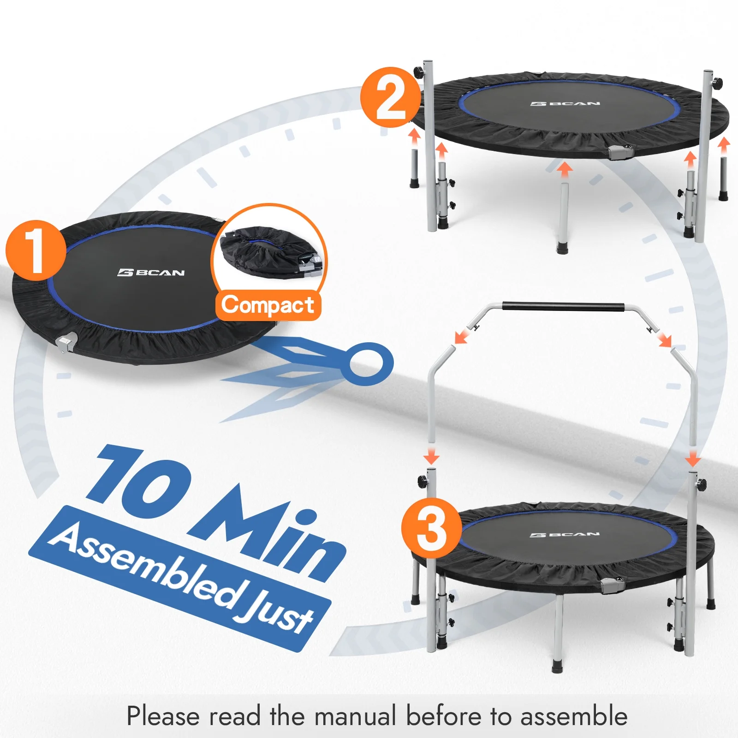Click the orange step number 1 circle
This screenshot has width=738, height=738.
pyautogui.click(x=36, y=250)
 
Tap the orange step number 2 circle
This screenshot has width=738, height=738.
pyautogui.click(x=390, y=97)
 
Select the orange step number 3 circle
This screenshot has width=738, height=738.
pyautogui.click(x=431, y=527)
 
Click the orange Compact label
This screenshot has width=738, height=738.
pyautogui.click(x=268, y=305)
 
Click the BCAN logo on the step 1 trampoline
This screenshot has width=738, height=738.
pyautogui.click(x=151, y=273)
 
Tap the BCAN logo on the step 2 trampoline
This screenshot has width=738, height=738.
pyautogui.click(x=565, y=104)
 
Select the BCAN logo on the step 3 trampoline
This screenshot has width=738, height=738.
pyautogui.click(x=565, y=535)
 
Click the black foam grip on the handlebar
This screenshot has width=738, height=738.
pyautogui.click(x=563, y=307)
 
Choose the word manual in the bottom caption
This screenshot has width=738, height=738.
pyautogui.click(x=355, y=716)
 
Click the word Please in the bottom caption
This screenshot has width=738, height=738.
pyautogui.click(x=163, y=716)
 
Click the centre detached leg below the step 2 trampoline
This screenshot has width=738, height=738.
pyautogui.click(x=563, y=217)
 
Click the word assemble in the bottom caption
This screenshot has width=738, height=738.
pyautogui.click(x=574, y=716)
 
